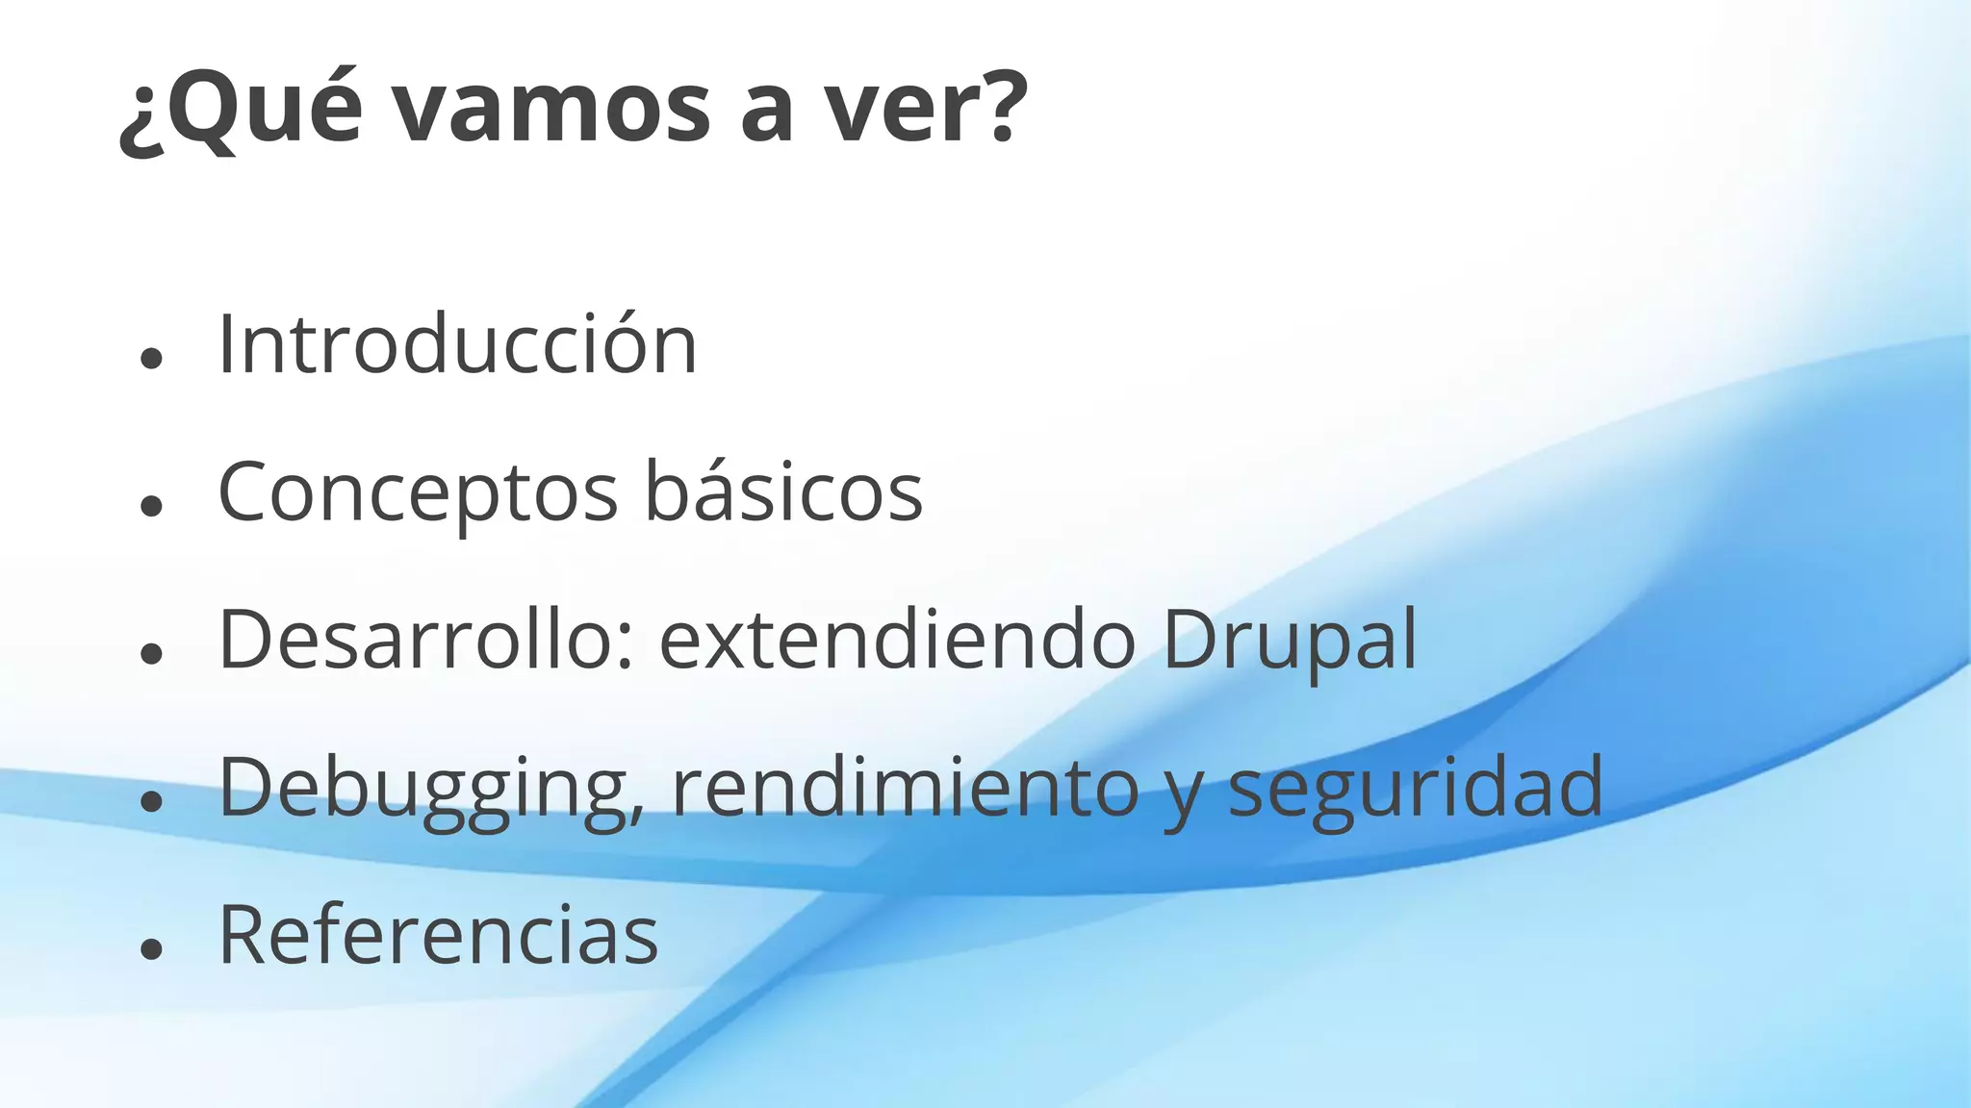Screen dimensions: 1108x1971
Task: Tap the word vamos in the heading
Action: pyautogui.click(x=553, y=111)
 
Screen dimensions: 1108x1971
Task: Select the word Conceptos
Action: pyautogui.click(x=418, y=492)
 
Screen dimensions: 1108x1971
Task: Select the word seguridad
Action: pyautogui.click(x=1416, y=789)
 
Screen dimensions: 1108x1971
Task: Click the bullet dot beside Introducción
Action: pyautogui.click(x=150, y=359)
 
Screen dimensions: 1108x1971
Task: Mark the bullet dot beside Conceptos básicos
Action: pyautogui.click(x=150, y=506)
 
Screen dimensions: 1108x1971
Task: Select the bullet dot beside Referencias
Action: pyautogui.click(x=150, y=949)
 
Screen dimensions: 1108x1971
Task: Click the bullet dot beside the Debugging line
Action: pyautogui.click(x=150, y=801)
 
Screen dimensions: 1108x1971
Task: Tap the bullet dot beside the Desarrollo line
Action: pyautogui.click(x=150, y=654)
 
